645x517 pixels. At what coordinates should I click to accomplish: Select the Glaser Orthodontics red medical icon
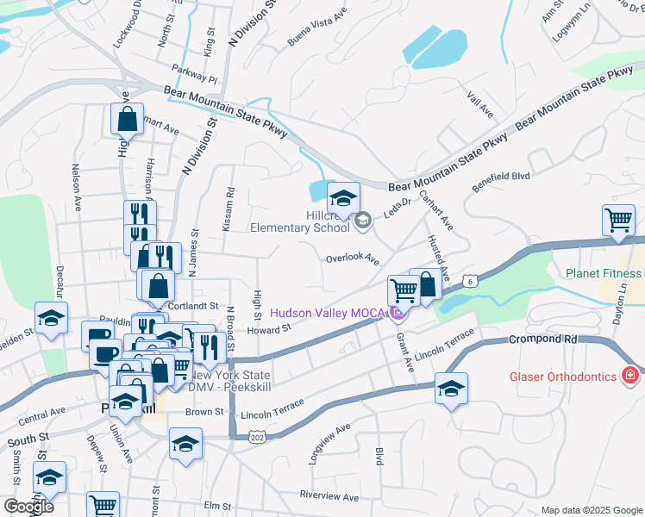coord(630,377)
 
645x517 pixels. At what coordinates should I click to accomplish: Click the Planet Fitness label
coord(604,274)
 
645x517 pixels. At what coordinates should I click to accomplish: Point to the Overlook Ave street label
coord(352,258)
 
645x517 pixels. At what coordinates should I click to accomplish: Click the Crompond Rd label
coord(542,339)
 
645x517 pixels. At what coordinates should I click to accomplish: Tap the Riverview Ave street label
coord(329,496)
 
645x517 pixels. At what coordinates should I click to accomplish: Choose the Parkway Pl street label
coord(194,77)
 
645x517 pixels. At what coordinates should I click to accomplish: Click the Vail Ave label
coord(479,106)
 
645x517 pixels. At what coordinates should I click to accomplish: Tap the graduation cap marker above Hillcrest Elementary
coord(343,200)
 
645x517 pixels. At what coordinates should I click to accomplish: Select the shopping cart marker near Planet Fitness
coord(618,221)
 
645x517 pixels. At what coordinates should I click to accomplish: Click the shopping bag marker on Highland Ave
coord(127,119)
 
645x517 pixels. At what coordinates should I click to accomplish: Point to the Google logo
coord(28,507)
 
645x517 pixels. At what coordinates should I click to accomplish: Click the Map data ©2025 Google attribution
coord(592,510)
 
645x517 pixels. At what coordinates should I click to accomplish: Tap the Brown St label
coord(204,413)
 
